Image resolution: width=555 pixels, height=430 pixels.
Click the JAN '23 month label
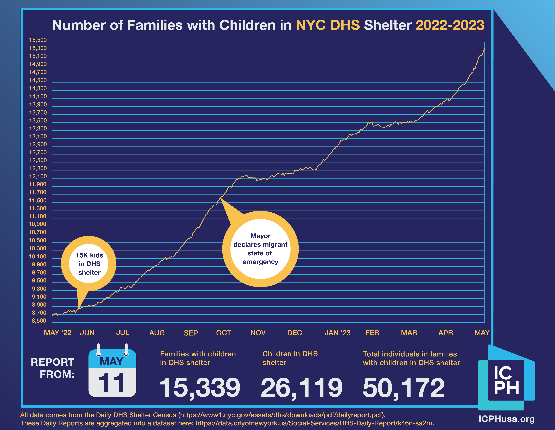(337, 333)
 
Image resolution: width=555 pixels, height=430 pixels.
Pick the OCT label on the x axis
(224, 333)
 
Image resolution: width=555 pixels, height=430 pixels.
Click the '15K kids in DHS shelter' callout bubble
(89, 264)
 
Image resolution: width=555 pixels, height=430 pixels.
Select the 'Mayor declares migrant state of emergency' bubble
(260, 249)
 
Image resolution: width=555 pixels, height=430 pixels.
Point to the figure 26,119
(302, 388)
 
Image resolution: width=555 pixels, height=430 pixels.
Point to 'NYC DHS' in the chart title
(328, 25)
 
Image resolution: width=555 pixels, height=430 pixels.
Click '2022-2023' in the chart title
(450, 25)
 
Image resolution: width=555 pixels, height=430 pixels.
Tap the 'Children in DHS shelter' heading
(290, 358)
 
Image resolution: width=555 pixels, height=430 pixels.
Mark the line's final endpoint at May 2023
(484, 48)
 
